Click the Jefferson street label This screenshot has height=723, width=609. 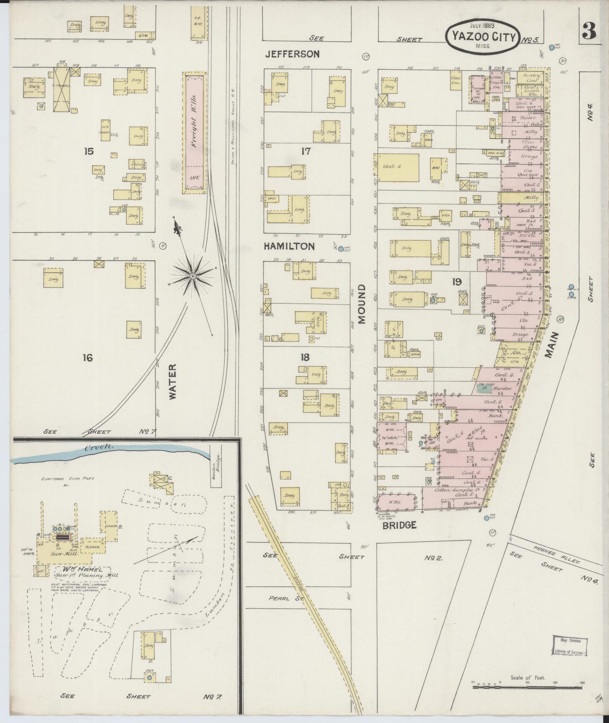pos(292,54)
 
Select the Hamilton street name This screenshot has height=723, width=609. pos(289,246)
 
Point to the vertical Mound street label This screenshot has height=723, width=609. pos(362,304)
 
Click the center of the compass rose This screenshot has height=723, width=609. pos(193,277)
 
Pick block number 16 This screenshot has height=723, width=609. pos(88,357)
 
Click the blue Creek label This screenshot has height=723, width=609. pos(99,447)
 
